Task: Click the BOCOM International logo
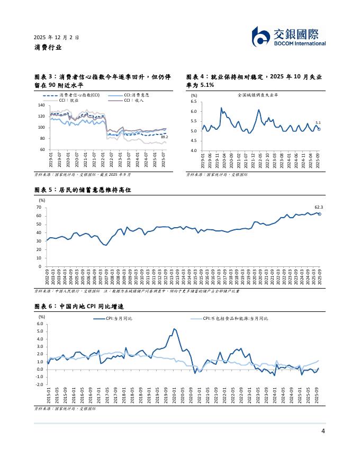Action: click(288, 37)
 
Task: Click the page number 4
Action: click(323, 431)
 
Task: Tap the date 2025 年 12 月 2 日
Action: click(56, 38)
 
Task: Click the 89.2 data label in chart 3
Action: click(164, 137)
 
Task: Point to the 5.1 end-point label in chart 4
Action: click(318, 123)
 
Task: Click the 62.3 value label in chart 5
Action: click(319, 208)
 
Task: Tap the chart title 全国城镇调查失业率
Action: click(258, 95)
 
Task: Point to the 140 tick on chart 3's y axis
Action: click(41, 105)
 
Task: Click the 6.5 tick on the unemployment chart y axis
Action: click(193, 101)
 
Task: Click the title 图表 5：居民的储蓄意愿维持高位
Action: click(82, 190)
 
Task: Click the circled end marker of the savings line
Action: click(319, 214)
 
